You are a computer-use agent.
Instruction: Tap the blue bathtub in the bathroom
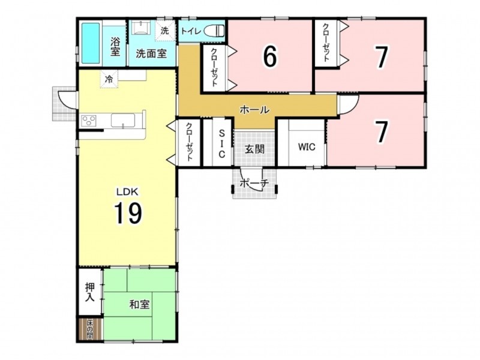click(x=91, y=43)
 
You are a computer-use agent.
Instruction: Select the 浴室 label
click(x=115, y=46)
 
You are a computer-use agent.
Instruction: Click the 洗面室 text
click(x=151, y=53)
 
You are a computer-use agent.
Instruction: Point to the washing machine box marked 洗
click(x=164, y=31)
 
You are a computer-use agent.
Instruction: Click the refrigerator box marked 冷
click(x=109, y=79)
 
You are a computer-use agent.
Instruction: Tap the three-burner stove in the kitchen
click(x=89, y=121)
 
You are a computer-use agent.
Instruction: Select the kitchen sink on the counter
click(x=124, y=120)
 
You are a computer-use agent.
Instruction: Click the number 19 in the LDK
click(x=128, y=213)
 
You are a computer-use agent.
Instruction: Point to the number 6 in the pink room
click(x=270, y=56)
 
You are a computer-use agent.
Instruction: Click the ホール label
click(x=254, y=109)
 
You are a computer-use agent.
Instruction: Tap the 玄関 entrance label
click(x=254, y=149)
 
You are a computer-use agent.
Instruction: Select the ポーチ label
click(x=254, y=184)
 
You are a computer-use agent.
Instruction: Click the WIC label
click(x=307, y=147)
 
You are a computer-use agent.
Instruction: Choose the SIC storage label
click(x=221, y=143)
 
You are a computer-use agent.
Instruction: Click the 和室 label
click(x=139, y=305)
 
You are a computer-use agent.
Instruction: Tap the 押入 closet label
click(x=89, y=292)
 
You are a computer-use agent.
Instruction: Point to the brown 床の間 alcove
click(x=90, y=329)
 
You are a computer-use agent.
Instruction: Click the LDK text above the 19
click(x=127, y=192)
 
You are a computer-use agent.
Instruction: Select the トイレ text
click(x=191, y=31)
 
